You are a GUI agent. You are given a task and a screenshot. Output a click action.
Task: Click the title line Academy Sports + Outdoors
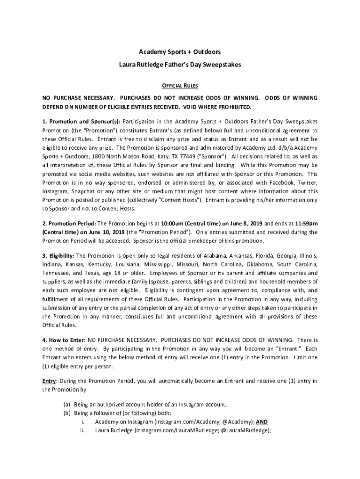(x=180, y=51)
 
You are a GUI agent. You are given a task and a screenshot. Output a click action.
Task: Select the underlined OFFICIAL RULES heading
(x=180, y=86)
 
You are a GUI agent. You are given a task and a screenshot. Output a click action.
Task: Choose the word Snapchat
(x=82, y=191)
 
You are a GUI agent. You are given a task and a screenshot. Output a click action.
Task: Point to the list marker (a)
(x=67, y=405)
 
